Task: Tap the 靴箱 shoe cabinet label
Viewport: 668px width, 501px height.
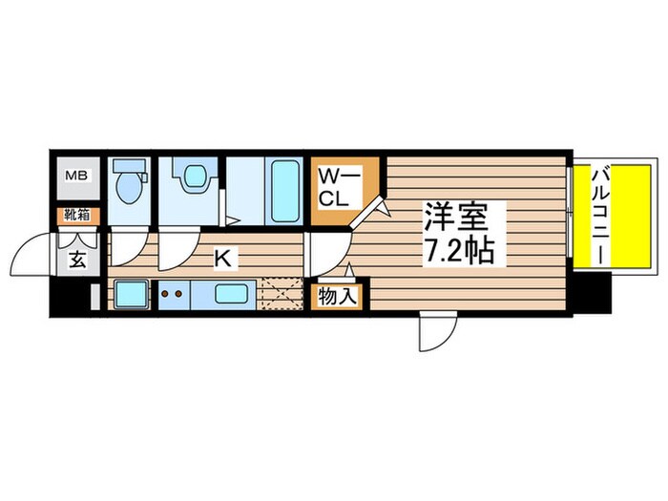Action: (x=76, y=216)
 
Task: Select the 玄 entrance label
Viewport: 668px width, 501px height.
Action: (x=76, y=259)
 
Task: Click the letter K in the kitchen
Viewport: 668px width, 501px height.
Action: (x=221, y=258)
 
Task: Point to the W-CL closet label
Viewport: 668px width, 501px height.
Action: (x=339, y=187)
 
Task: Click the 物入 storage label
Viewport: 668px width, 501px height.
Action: (x=338, y=297)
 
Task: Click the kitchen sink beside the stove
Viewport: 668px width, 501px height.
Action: (x=129, y=294)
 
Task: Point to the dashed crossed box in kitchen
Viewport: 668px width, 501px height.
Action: (x=283, y=293)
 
